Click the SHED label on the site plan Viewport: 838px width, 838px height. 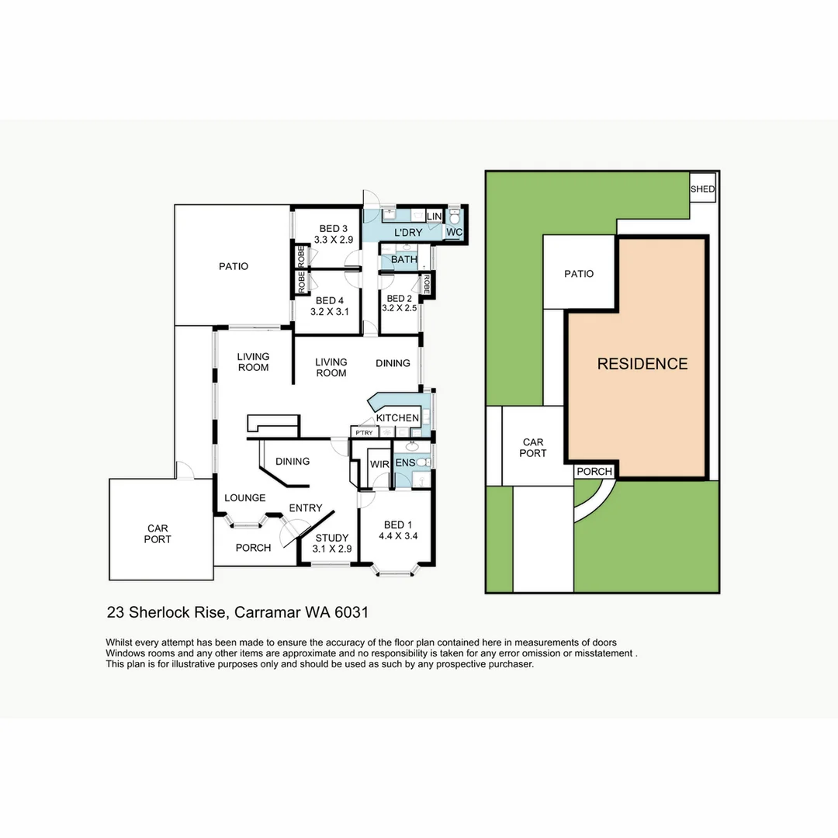click(x=702, y=189)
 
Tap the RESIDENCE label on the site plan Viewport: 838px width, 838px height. click(x=642, y=364)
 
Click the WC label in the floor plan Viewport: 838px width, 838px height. click(x=454, y=233)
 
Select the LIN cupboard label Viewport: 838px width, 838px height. click(x=434, y=216)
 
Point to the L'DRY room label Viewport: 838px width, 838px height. click(x=407, y=233)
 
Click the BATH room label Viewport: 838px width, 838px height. click(x=403, y=260)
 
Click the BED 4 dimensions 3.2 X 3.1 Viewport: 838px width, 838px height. click(x=330, y=313)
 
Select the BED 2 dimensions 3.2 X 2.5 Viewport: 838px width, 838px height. click(x=399, y=308)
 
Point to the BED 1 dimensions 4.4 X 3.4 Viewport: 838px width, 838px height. click(x=398, y=535)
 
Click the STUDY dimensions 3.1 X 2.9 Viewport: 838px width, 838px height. click(x=332, y=549)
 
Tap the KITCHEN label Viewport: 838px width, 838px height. click(x=397, y=418)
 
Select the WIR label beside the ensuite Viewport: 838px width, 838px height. click(x=379, y=464)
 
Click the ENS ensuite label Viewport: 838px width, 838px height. click(x=404, y=463)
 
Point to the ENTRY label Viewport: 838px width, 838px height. click(x=305, y=508)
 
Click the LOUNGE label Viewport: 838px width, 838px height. click(x=245, y=498)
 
